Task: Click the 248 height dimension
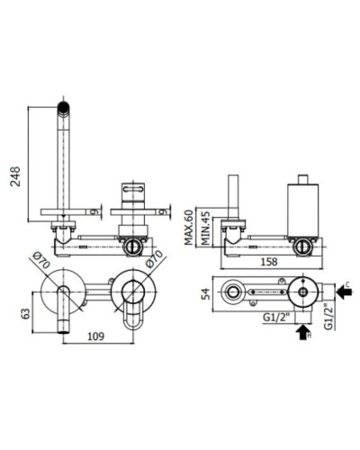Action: coord(15,176)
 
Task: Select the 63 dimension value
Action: coord(26,313)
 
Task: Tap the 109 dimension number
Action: coord(96,336)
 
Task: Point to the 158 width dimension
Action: coord(269,261)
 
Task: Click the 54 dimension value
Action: coord(206,294)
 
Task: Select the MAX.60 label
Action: coord(188,227)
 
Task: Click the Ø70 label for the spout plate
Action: coord(41,260)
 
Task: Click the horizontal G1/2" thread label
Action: coord(276,318)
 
